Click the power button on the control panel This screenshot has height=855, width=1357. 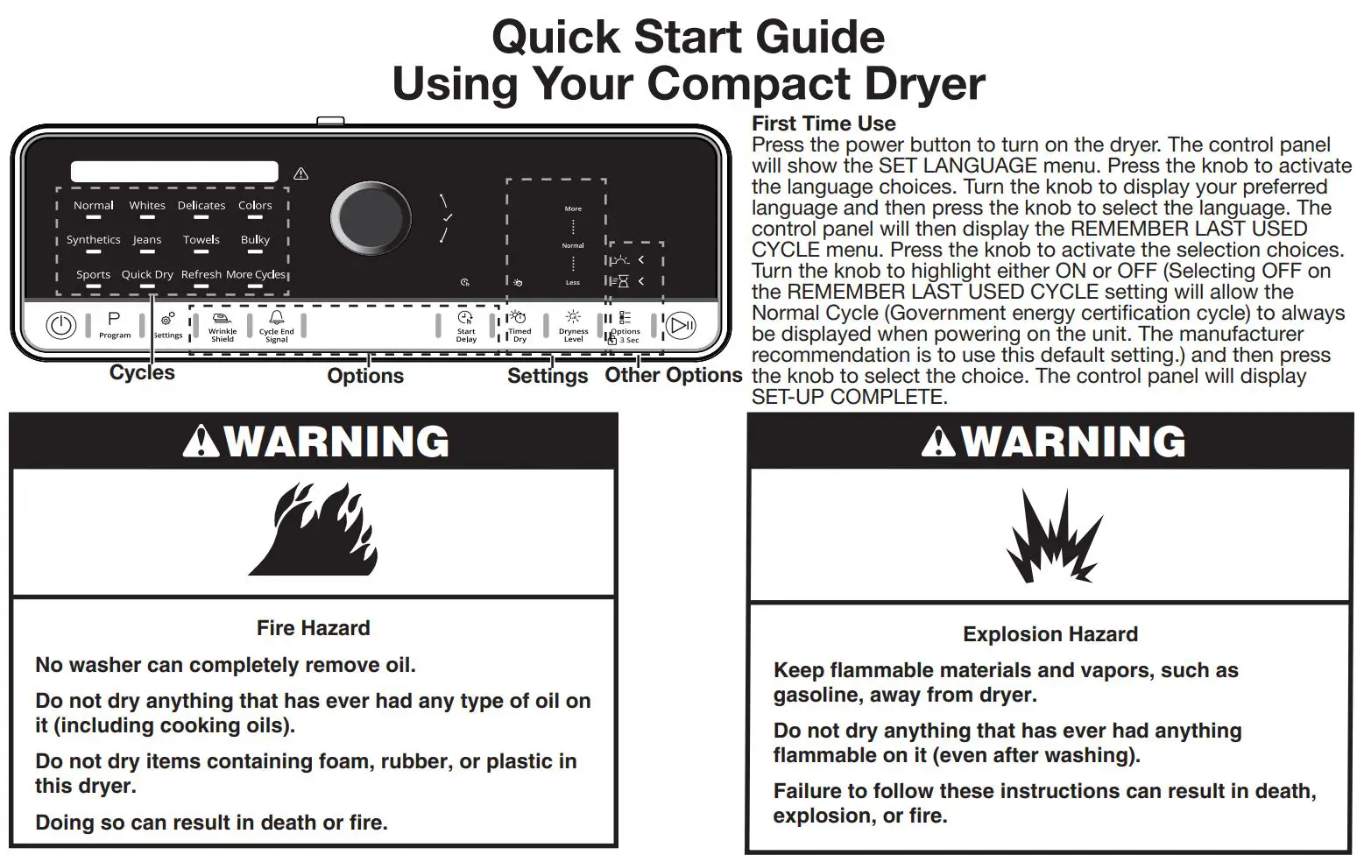[x=60, y=326]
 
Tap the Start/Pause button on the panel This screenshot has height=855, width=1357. [x=681, y=326]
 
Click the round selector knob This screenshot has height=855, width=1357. [x=371, y=219]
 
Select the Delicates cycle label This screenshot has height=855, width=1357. [x=201, y=206]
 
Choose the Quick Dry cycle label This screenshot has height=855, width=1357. [x=147, y=274]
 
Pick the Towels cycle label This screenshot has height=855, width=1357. [x=201, y=240]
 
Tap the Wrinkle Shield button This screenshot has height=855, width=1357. [x=223, y=326]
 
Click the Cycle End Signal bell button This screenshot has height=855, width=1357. [x=277, y=326]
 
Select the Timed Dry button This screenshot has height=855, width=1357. [x=519, y=326]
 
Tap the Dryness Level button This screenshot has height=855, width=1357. [x=573, y=326]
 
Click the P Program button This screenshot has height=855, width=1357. [x=114, y=324]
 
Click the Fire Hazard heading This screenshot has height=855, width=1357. [x=313, y=628]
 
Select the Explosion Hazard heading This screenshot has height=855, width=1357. [x=1050, y=634]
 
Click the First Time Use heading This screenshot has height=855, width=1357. [x=823, y=124]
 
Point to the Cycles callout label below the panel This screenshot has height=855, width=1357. [x=142, y=373]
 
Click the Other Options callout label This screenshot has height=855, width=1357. [x=673, y=375]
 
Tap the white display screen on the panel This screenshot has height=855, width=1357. [x=174, y=172]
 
